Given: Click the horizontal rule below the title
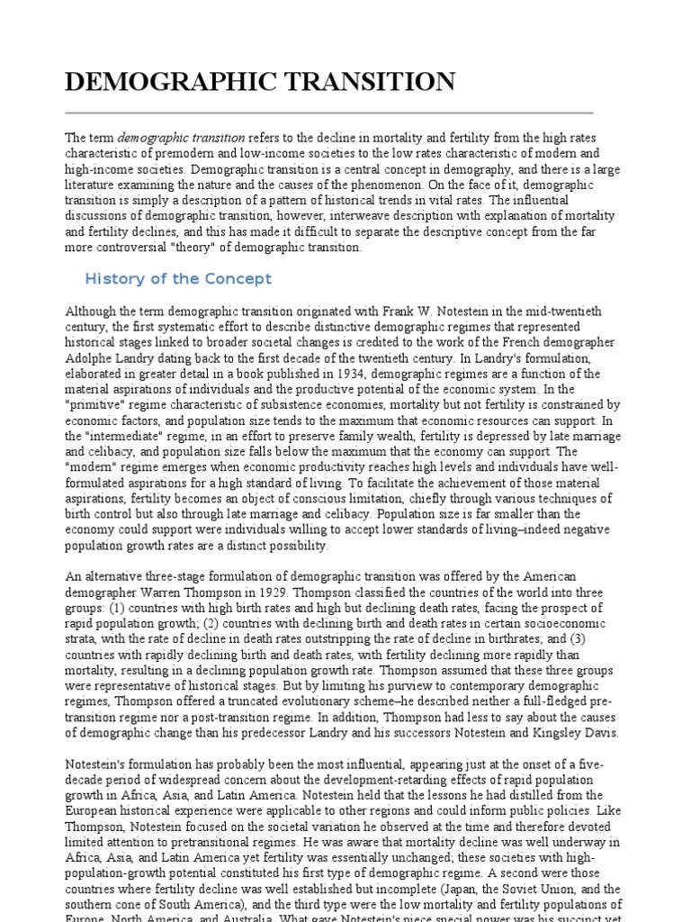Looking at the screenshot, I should tap(329, 113).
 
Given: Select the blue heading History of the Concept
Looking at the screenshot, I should tap(177, 278).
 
